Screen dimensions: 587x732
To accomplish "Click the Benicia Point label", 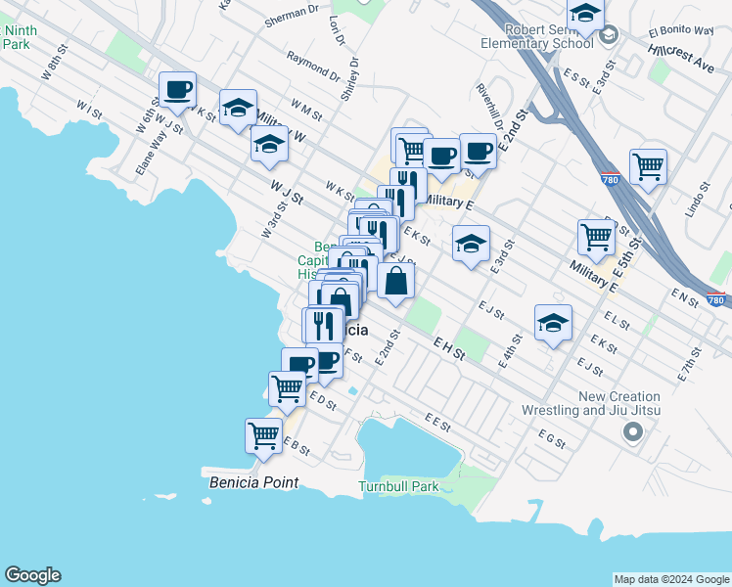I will click(x=253, y=483).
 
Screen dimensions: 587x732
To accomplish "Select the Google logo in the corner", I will click(x=32, y=575).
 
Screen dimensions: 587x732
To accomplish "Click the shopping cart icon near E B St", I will click(x=263, y=435).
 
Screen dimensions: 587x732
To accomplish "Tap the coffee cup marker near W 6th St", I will click(x=177, y=90).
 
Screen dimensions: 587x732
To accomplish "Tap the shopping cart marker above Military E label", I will click(x=596, y=236).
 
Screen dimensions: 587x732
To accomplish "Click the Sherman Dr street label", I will click(x=293, y=14).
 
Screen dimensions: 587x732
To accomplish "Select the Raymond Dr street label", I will click(x=312, y=66).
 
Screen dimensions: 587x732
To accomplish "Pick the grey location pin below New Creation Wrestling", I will click(x=634, y=430).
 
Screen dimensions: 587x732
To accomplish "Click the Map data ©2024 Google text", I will click(x=671, y=579).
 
